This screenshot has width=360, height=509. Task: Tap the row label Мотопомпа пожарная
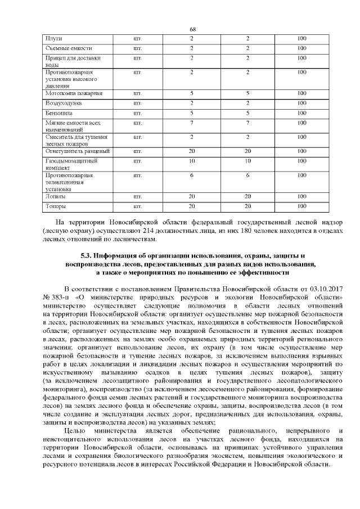coord(70,93)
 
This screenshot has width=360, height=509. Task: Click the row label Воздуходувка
coord(63,103)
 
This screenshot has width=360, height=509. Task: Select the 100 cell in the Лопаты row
coord(301,196)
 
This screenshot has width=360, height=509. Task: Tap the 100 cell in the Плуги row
coord(301,38)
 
